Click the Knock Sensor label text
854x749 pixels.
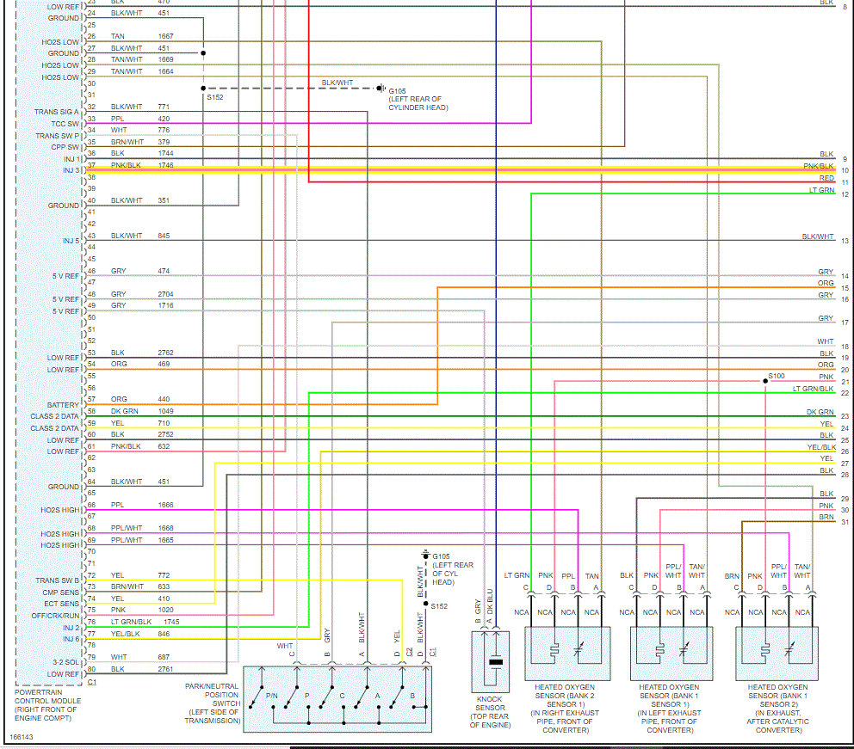click(490, 711)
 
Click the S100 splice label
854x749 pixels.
click(777, 376)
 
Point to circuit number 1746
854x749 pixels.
click(165, 164)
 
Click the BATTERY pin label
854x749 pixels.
click(63, 405)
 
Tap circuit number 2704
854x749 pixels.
click(165, 293)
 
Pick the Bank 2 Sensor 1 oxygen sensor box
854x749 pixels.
click(567, 654)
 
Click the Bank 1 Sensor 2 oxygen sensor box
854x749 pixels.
click(777, 654)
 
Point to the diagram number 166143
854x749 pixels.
click(22, 737)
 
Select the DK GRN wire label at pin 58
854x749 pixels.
click(123, 411)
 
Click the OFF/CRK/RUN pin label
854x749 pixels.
click(57, 616)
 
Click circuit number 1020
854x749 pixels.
click(165, 610)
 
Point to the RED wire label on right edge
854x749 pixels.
click(826, 178)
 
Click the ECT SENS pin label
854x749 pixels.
click(62, 604)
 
